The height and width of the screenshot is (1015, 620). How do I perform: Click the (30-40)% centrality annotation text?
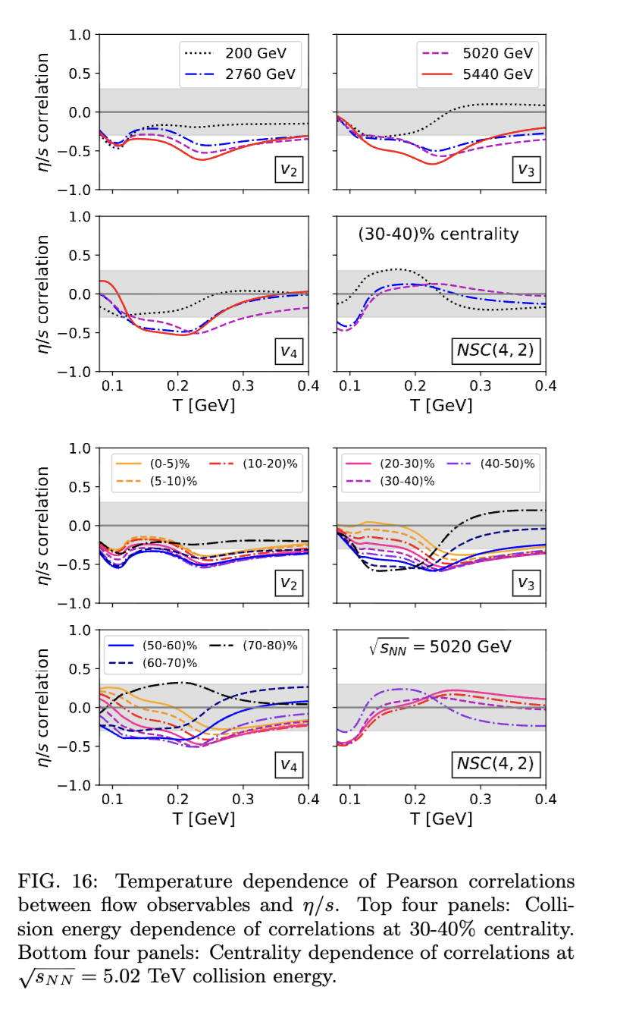coord(438,234)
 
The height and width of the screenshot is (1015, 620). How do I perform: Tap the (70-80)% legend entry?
coord(270,646)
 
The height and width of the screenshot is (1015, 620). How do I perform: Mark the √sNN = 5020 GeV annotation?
coord(439,647)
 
